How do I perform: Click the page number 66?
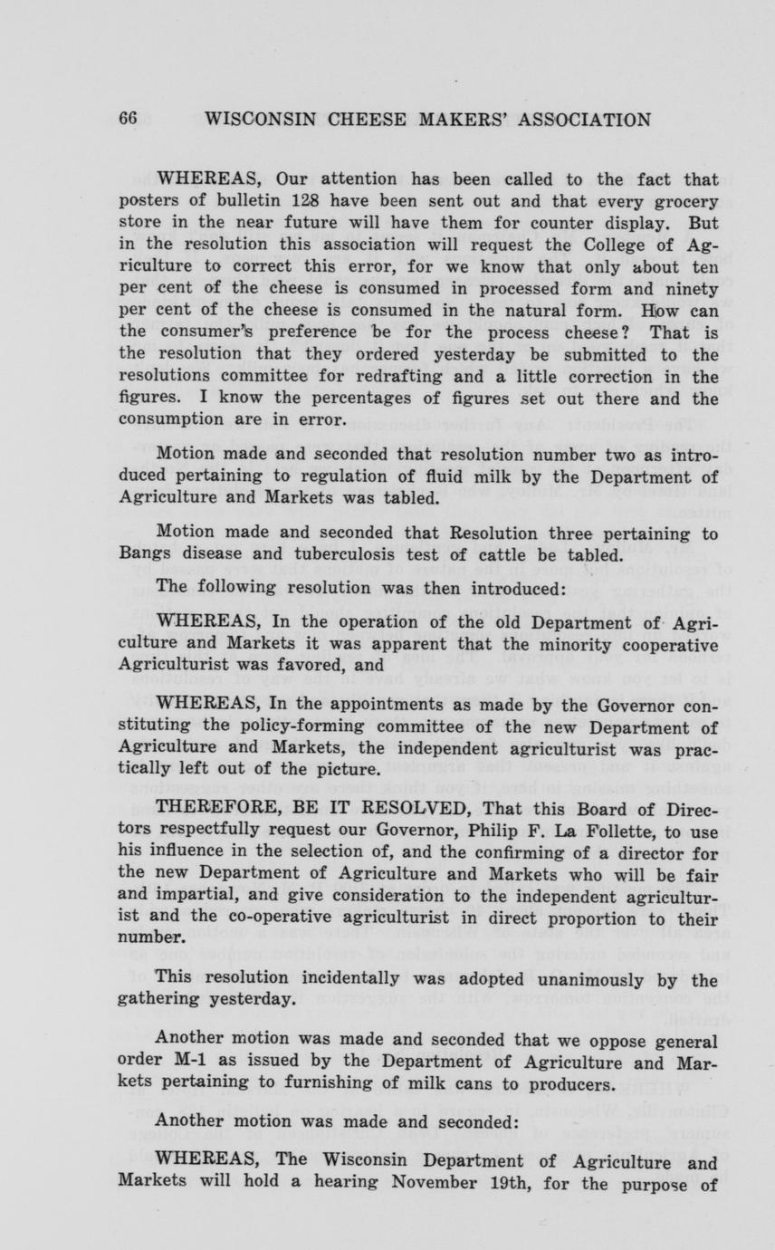tap(127, 120)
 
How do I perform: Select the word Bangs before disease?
tap(145, 554)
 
